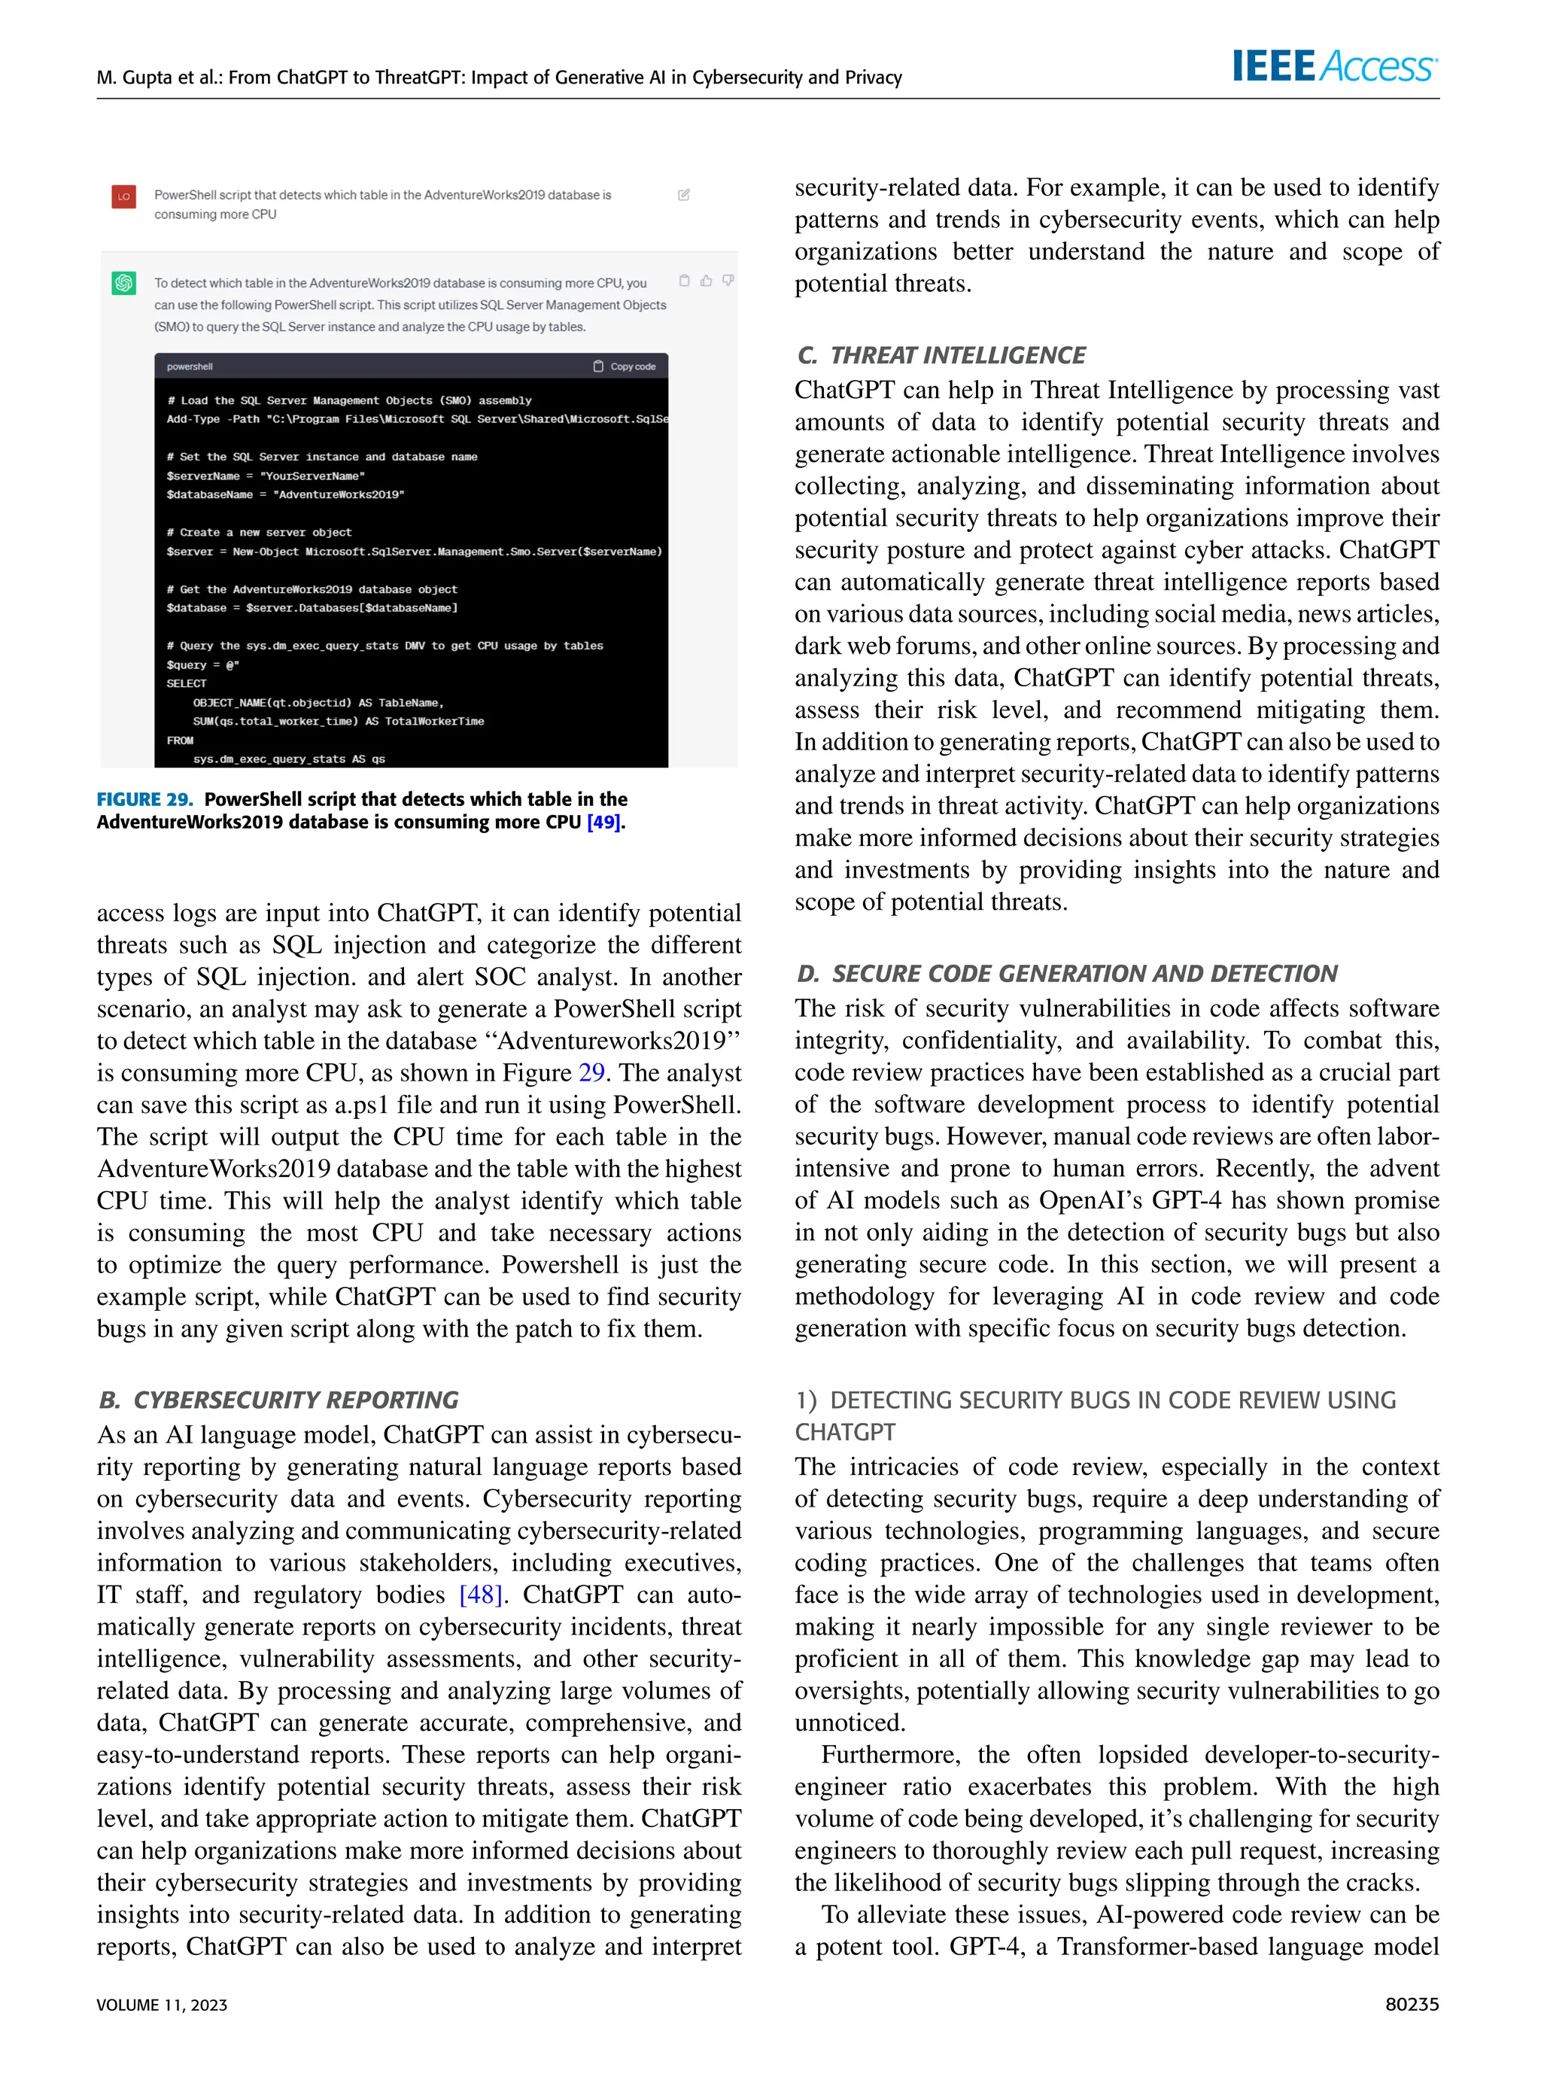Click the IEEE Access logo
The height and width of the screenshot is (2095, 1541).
(1334, 67)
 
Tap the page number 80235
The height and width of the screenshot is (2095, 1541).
(1412, 2004)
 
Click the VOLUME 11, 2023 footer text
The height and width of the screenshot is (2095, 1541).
(161, 2005)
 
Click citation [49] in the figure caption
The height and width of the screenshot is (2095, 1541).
(603, 822)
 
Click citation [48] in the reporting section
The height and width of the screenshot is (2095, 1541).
(482, 1594)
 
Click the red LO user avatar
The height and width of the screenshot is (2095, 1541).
(124, 196)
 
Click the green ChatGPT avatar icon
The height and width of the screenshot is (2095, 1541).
(124, 284)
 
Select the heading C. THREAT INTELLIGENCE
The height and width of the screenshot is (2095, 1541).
(941, 355)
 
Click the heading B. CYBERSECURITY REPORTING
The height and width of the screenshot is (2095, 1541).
(278, 1400)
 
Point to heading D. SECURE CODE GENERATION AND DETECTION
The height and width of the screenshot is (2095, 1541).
(1066, 974)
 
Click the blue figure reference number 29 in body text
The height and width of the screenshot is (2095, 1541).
(591, 1072)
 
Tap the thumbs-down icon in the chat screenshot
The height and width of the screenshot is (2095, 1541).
(728, 281)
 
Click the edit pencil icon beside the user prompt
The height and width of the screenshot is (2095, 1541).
(684, 195)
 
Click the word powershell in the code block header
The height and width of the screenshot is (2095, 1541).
(190, 366)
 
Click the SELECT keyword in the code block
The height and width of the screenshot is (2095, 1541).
(187, 684)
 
